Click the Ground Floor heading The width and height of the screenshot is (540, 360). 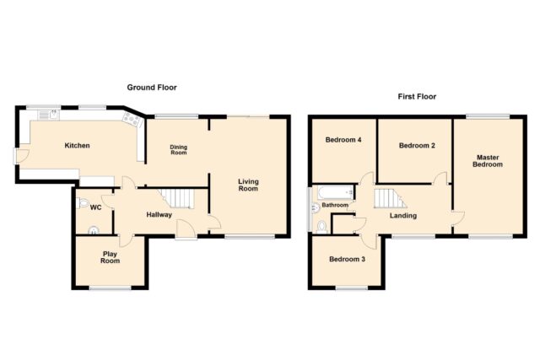click(152, 88)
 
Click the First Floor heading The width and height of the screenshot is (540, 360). click(417, 97)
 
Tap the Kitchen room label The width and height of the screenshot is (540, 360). click(77, 146)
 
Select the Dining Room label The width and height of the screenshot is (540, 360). click(178, 150)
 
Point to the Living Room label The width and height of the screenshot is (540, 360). click(248, 185)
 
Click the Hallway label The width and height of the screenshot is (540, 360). click(159, 215)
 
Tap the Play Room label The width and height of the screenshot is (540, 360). click(111, 257)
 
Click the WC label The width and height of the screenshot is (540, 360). click(95, 207)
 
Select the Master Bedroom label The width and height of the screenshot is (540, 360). click(488, 161)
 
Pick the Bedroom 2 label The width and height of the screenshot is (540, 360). click(417, 146)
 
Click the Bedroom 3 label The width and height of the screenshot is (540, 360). click(347, 259)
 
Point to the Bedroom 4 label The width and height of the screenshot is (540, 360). click(343, 140)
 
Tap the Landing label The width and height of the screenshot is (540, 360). click(403, 216)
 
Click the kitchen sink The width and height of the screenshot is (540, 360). click(49, 115)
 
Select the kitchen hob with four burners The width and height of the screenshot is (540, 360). click(132, 120)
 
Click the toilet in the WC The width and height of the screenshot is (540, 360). click(83, 202)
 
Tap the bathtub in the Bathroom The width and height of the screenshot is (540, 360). click(336, 192)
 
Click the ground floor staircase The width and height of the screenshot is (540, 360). click(176, 198)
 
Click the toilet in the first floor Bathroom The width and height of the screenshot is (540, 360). click(321, 227)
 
